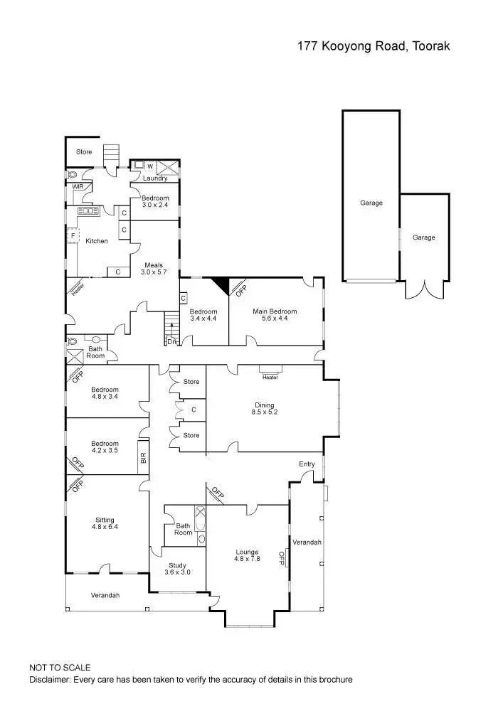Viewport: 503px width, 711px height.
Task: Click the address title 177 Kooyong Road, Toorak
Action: (x=374, y=46)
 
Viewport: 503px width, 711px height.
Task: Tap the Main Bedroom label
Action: (x=275, y=311)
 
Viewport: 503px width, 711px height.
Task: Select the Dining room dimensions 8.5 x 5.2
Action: (x=264, y=412)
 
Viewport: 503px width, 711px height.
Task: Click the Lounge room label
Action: (x=248, y=552)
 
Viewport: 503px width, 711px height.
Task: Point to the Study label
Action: (x=177, y=566)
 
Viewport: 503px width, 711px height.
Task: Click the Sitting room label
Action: (x=105, y=520)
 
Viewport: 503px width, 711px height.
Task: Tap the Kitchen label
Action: (x=97, y=241)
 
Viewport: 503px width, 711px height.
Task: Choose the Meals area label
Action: (x=154, y=265)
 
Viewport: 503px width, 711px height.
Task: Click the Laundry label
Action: (x=154, y=178)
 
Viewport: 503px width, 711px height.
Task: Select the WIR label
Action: (x=77, y=186)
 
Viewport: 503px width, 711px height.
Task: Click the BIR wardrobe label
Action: (x=143, y=459)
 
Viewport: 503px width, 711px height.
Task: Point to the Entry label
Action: (x=307, y=464)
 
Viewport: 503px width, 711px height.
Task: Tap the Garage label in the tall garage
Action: (x=371, y=203)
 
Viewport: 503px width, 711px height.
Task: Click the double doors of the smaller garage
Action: (x=424, y=289)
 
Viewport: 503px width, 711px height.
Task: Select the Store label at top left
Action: (x=85, y=151)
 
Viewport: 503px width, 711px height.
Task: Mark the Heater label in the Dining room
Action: (x=270, y=378)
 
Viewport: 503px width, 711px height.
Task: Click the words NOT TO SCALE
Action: (x=60, y=668)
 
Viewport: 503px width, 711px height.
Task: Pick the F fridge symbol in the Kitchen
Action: (x=73, y=235)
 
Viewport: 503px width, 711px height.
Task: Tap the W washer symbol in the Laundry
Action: (x=149, y=166)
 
